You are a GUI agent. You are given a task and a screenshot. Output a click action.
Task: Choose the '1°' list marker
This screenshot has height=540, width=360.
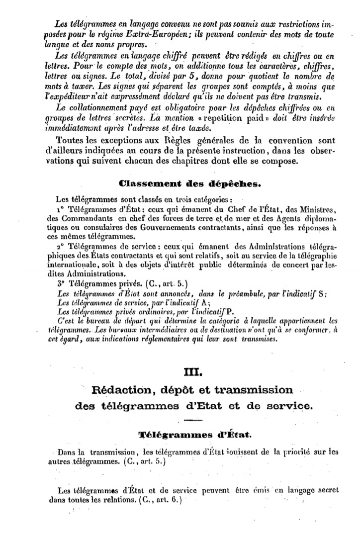click(63, 207)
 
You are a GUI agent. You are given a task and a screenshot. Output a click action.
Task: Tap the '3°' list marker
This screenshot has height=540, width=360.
click(63, 284)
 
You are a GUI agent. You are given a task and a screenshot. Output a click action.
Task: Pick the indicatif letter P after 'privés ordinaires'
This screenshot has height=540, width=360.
click(229, 312)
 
